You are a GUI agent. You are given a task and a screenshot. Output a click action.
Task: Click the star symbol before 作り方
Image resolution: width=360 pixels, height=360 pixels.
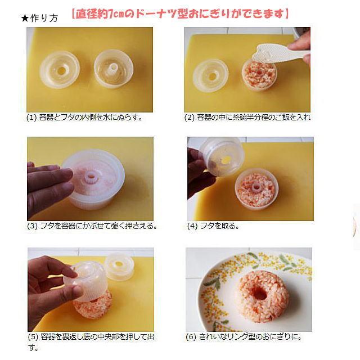pyautogui.click(x=24, y=18)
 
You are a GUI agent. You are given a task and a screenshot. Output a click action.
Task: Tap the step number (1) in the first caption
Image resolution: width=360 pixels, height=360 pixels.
pyautogui.click(x=31, y=118)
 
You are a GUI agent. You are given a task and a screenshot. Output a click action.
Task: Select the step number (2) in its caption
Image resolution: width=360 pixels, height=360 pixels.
pyautogui.click(x=190, y=118)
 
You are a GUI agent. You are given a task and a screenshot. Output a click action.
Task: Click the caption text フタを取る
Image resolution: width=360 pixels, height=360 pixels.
pyautogui.click(x=219, y=226)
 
